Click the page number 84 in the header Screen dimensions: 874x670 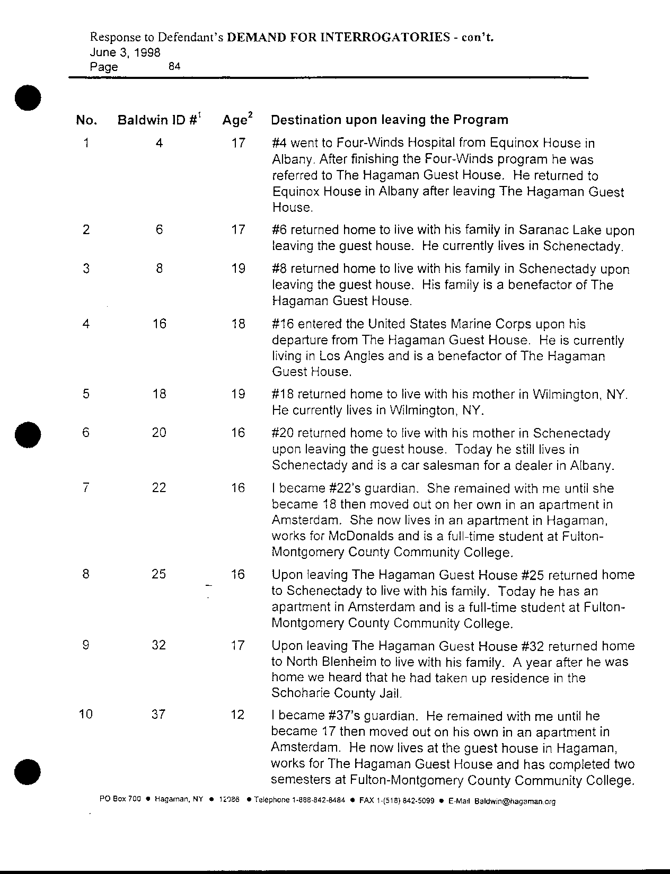coord(174,67)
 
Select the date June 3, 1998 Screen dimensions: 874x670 coord(125,52)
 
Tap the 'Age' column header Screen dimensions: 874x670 coord(237,120)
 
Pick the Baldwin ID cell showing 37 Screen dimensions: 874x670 coord(158,715)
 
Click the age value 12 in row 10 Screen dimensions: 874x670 coord(238,715)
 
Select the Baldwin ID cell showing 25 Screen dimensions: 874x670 coord(158,574)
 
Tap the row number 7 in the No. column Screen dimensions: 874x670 coord(86,487)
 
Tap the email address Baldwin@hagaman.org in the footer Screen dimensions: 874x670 coord(515,801)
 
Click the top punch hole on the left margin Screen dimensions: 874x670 coord(28,97)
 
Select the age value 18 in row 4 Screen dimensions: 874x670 coord(238,323)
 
